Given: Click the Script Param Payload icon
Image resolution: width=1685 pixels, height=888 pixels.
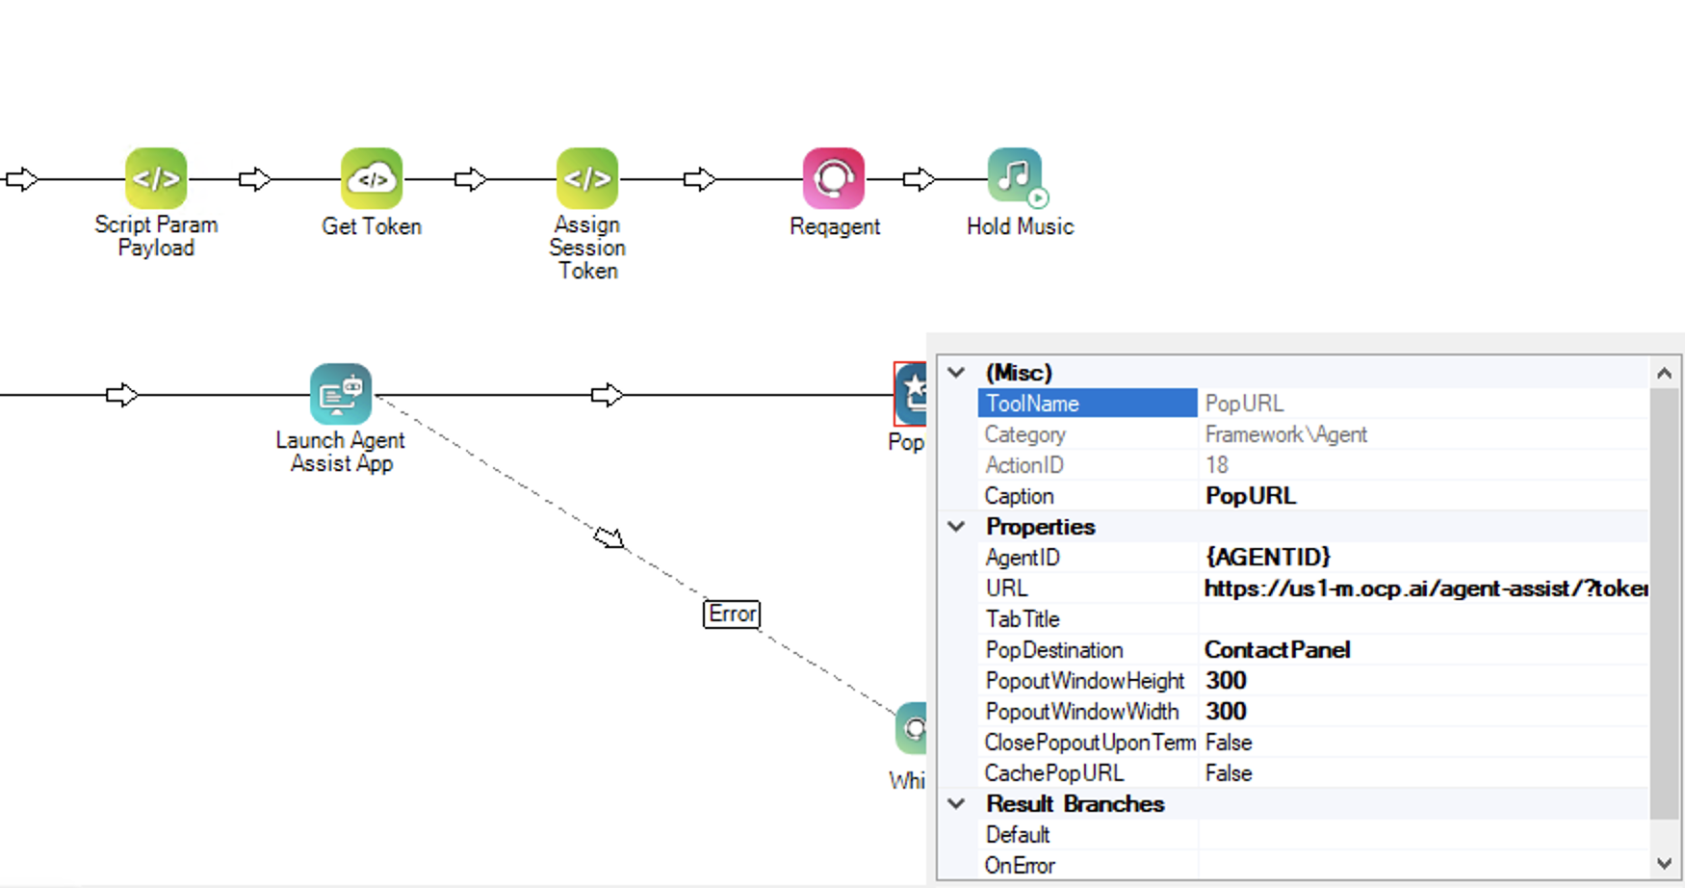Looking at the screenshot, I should coord(156,178).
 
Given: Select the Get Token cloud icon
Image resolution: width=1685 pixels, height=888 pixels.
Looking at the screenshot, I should coord(372,178).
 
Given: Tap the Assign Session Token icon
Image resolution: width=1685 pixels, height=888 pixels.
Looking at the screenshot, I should coord(587,178).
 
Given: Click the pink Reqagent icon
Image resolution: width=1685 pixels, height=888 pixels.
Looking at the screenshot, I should coord(834,178).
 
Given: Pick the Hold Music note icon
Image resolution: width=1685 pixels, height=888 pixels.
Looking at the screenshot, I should coord(1015,176).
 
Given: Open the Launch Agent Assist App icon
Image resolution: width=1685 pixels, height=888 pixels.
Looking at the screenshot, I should coord(341,394).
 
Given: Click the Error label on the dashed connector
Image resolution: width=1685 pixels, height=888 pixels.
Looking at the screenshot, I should coord(732,614).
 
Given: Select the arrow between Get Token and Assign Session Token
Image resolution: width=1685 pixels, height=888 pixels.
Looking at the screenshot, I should coord(470,179).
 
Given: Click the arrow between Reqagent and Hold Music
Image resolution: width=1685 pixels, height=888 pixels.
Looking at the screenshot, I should coord(919,179).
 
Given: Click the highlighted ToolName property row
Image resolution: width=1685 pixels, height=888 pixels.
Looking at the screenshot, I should coord(1086,404).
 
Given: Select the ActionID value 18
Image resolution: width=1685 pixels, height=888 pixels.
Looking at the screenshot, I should coord(1217,465).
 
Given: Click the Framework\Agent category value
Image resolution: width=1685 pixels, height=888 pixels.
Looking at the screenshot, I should coord(1285,434).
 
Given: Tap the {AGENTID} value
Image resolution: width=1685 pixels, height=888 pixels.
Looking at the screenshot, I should coord(1268,557).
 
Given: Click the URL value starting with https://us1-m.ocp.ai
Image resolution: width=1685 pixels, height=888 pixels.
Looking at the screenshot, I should coord(1425,588).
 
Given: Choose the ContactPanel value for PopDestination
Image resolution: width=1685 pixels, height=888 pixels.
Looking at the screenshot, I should coord(1277,650).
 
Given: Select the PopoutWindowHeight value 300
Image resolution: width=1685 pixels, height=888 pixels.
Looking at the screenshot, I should coord(1226,681).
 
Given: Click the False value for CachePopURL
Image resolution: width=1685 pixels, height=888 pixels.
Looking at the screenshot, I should coord(1229,773).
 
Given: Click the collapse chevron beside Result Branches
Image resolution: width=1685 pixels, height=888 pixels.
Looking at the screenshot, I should coord(957,803).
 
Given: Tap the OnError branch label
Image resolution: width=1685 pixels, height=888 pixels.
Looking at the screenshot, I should coord(1020,866).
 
